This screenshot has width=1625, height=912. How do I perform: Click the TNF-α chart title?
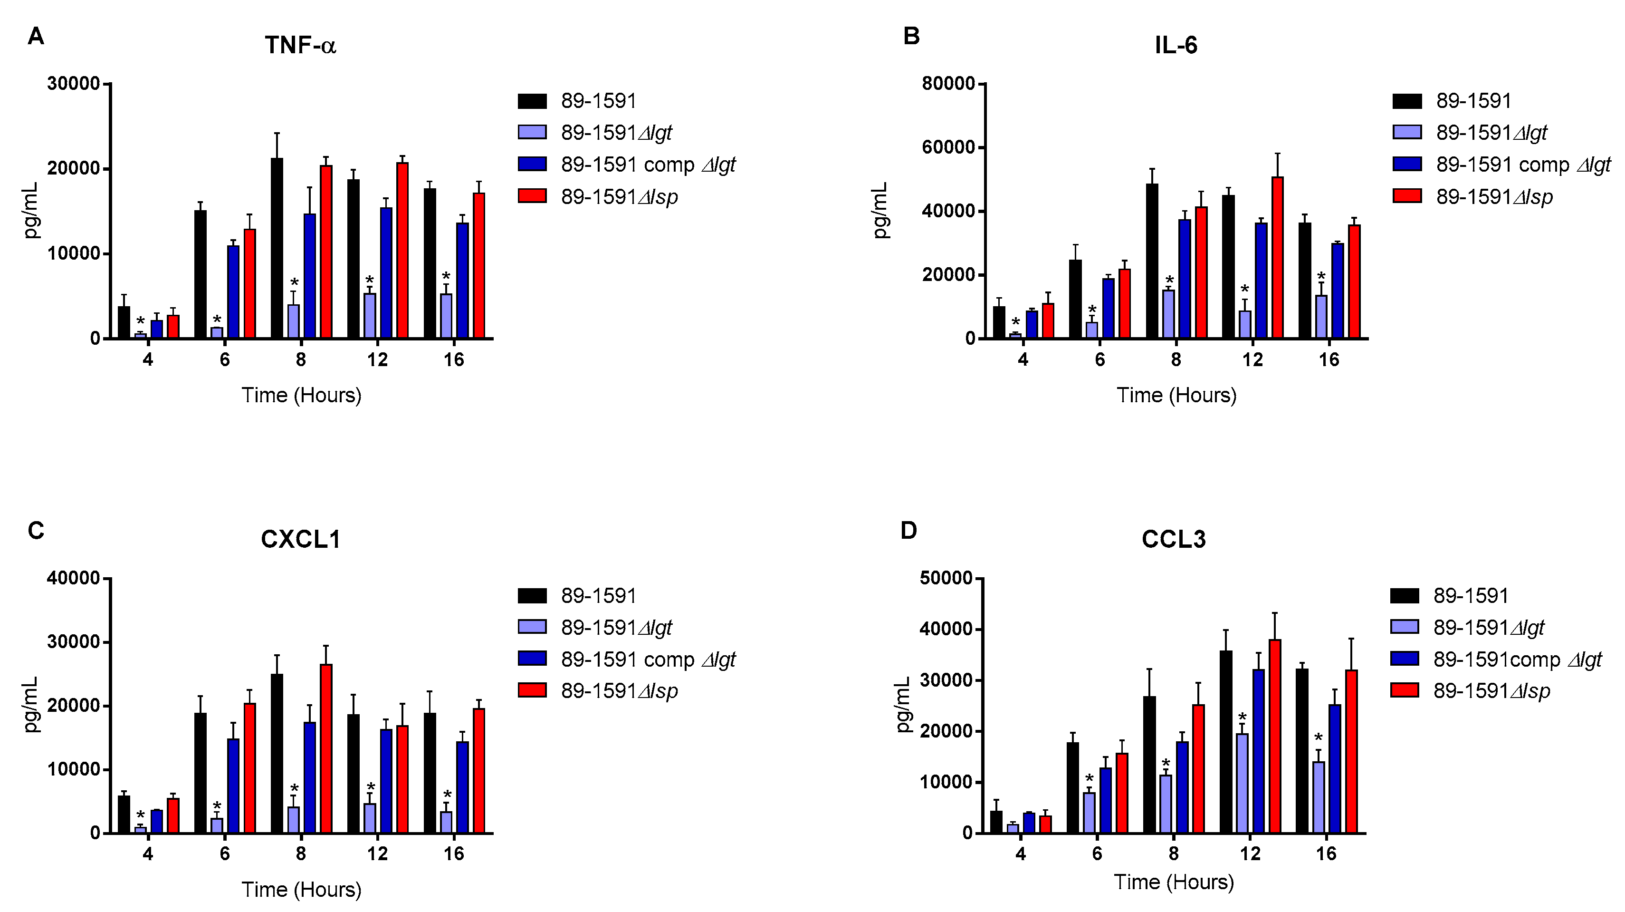pos(300,46)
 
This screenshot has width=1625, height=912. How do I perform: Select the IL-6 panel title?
pos(1176,46)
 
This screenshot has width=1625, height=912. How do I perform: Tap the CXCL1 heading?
pos(300,540)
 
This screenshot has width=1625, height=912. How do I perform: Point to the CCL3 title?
pos(1173,540)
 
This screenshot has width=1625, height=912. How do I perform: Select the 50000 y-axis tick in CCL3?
pos(946,579)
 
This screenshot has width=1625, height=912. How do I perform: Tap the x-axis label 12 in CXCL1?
pos(377,854)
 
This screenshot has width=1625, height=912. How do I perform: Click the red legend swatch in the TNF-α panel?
pos(532,196)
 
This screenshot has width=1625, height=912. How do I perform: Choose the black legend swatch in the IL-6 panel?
pos(1407,101)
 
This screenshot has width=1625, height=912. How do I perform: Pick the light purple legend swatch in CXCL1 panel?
pos(532,627)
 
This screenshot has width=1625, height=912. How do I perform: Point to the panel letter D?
pos(908,531)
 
